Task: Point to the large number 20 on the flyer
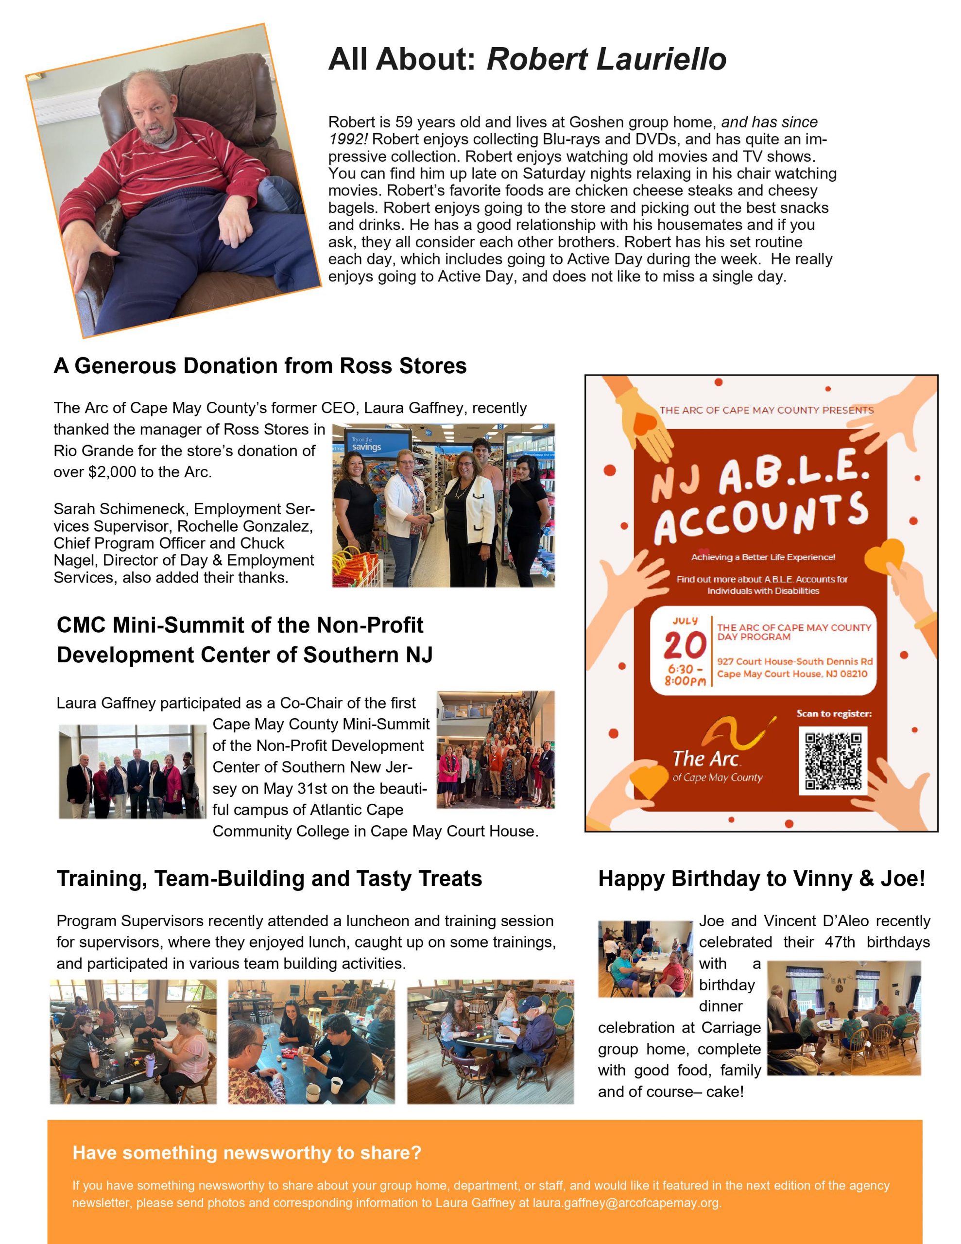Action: [x=684, y=646]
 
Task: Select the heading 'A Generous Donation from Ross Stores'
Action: [x=260, y=366]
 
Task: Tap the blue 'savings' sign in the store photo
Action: [x=366, y=446]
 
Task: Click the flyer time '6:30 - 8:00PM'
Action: [x=685, y=675]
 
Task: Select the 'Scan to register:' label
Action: [x=833, y=714]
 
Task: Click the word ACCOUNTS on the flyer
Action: [x=760, y=517]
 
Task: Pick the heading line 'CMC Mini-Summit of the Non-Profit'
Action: [x=240, y=625]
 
